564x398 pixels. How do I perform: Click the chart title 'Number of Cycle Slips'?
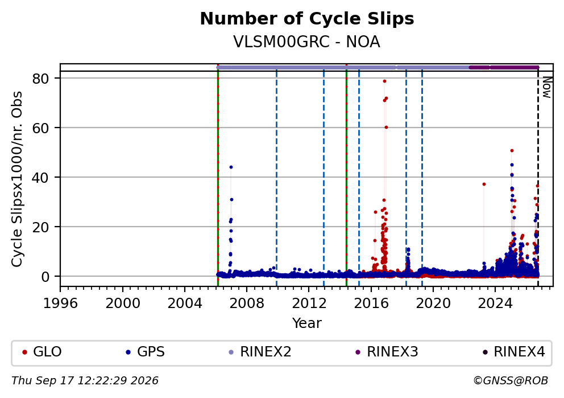[x=307, y=19]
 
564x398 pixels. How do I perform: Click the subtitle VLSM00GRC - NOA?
[x=307, y=42]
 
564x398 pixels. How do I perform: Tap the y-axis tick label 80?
[x=40, y=79]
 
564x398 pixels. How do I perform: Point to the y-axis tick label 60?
[x=40, y=128]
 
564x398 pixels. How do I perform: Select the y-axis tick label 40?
[x=40, y=177]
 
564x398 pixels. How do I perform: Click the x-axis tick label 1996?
[x=60, y=303]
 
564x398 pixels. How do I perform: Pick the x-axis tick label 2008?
[x=247, y=303]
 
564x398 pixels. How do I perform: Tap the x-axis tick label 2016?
[x=371, y=303]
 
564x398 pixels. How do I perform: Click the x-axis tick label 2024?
[x=495, y=303]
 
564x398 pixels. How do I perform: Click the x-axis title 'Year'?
[x=307, y=323]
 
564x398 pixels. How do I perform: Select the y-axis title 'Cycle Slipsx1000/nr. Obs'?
[x=17, y=179]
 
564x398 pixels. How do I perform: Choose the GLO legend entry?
[x=42, y=352]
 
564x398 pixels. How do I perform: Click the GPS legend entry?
[x=146, y=352]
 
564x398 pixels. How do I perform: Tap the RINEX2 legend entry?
[x=260, y=352]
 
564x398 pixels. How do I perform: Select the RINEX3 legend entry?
[x=387, y=352]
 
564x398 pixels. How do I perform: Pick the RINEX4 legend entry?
[x=513, y=352]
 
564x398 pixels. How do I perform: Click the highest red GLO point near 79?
[x=384, y=81]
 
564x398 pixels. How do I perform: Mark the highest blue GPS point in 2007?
[x=231, y=167]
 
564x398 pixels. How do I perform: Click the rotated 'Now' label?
[x=547, y=87]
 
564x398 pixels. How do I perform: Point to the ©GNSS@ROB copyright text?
[x=511, y=381]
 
